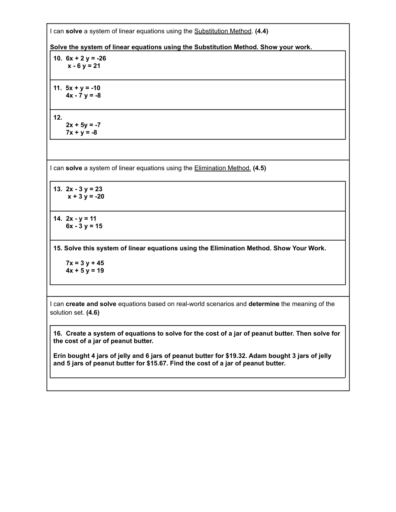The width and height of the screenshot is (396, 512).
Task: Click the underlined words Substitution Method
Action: tap(223, 31)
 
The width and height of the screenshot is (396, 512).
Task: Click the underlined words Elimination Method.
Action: tap(222, 168)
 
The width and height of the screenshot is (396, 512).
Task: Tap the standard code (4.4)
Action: tap(261, 31)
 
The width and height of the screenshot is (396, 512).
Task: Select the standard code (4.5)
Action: tap(259, 168)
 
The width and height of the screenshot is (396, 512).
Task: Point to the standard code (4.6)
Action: tap(93, 313)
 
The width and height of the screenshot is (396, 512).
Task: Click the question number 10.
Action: tap(57, 58)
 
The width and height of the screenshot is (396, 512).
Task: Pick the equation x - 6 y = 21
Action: tap(84, 66)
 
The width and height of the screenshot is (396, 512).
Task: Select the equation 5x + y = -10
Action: tap(83, 88)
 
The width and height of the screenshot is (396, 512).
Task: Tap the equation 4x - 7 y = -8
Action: tap(83, 96)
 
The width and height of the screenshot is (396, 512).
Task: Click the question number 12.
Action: tap(57, 118)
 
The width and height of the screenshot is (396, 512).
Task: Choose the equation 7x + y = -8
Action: tap(81, 133)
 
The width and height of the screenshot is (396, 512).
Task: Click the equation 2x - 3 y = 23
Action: tap(84, 189)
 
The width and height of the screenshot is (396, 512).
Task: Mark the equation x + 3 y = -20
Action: tap(86, 197)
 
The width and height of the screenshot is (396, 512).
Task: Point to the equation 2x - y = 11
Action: tap(81, 219)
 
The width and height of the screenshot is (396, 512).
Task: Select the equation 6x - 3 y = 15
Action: tap(84, 226)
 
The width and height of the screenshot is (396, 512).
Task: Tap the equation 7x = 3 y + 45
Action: tap(85, 263)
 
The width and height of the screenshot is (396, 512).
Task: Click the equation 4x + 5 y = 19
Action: tap(85, 271)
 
